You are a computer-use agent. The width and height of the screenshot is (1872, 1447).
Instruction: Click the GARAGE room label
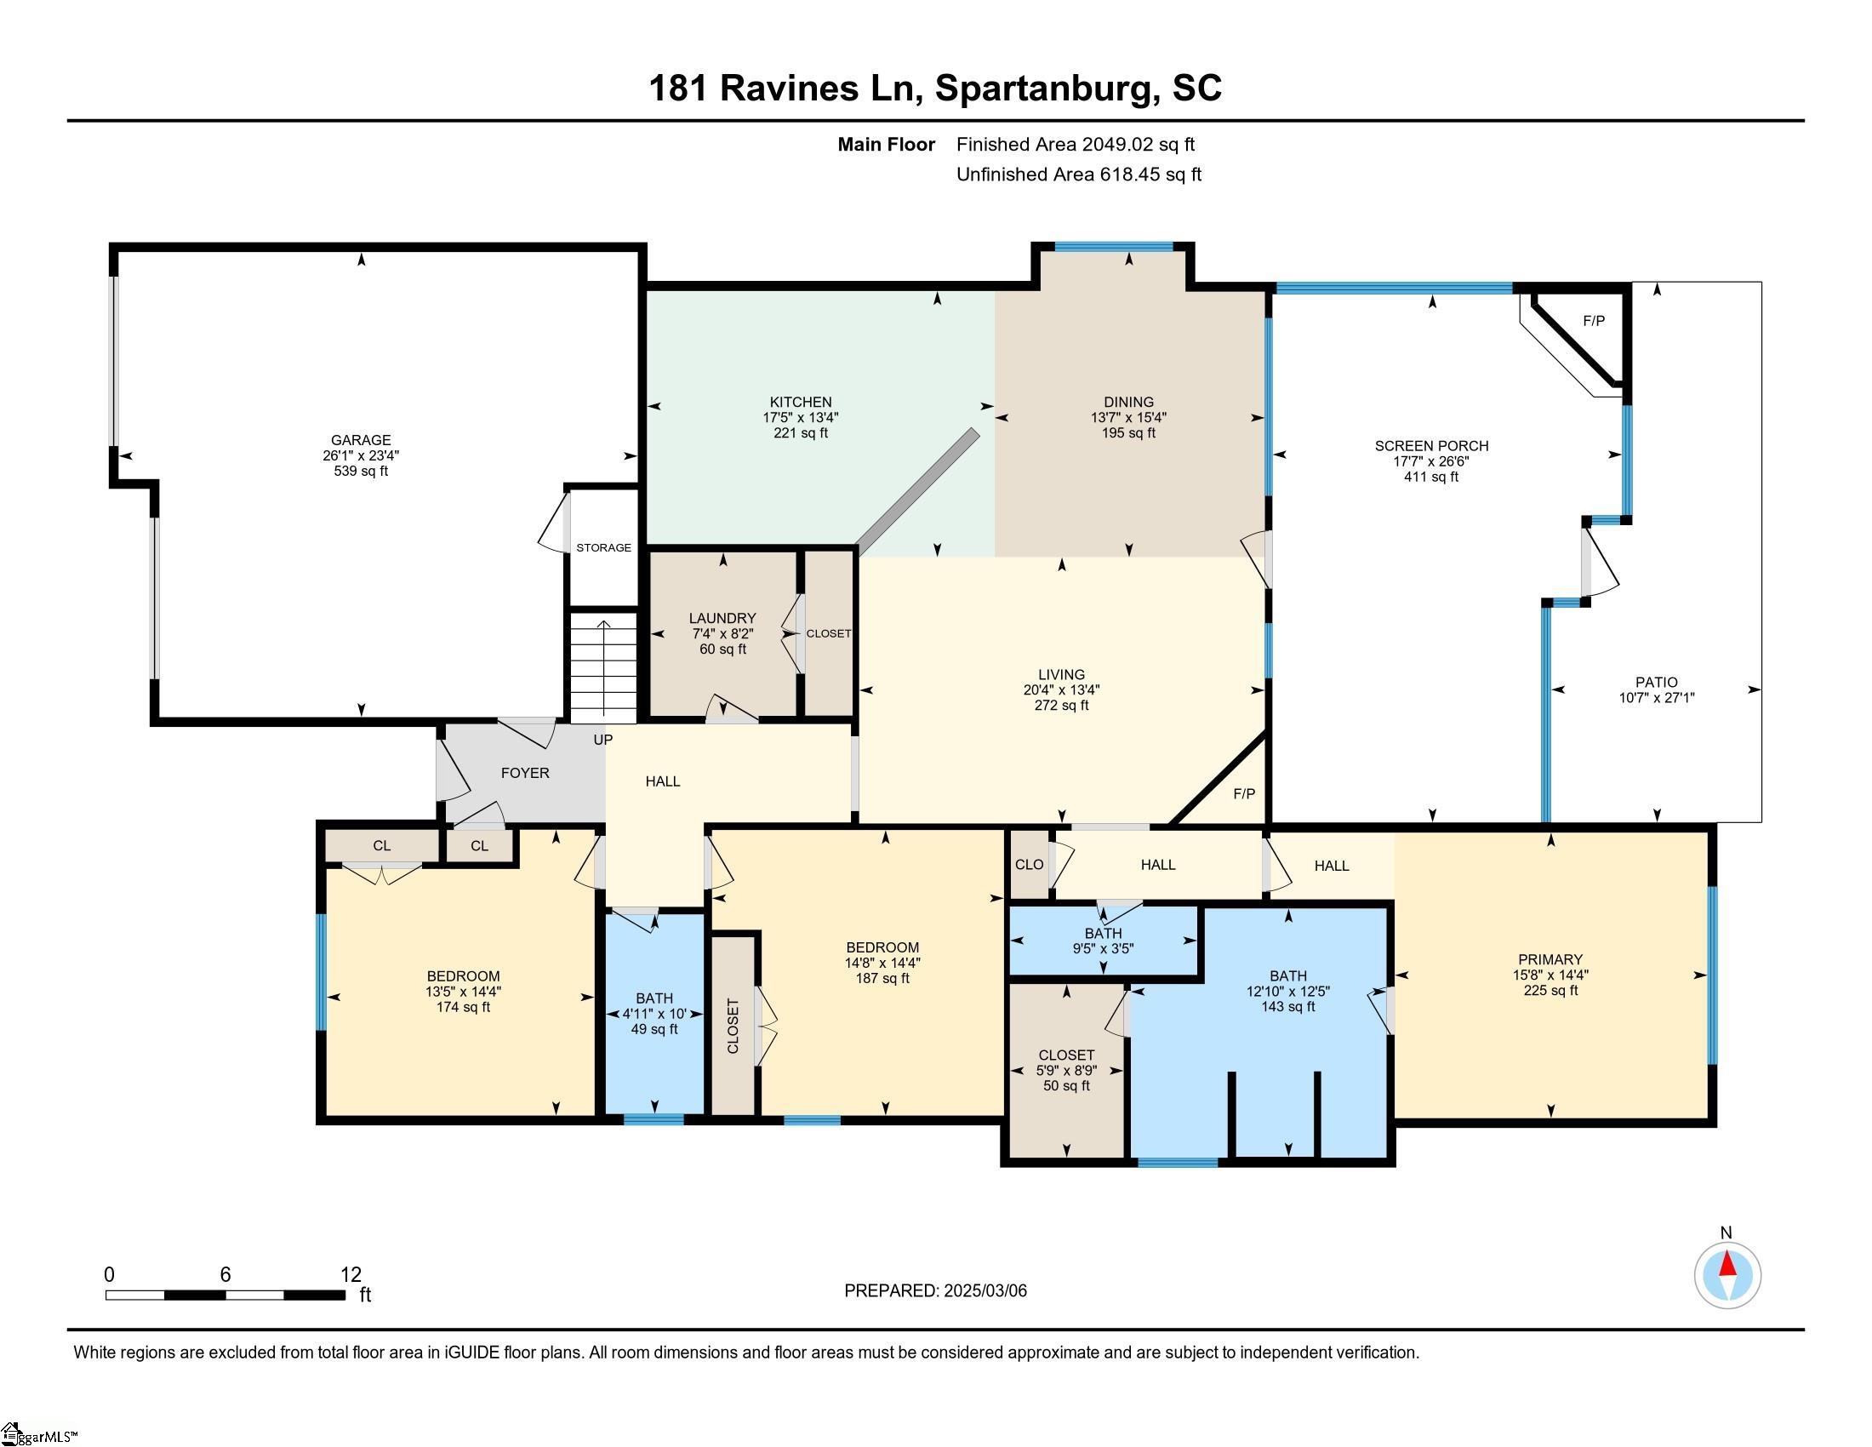pos(361,440)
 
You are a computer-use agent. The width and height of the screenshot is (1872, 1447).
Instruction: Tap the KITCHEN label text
pos(801,402)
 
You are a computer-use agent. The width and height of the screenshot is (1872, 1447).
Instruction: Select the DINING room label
pos(1129,402)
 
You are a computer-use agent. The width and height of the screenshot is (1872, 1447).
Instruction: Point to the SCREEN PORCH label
pos(1431,446)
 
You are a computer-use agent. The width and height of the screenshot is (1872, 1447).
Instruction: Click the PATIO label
pos(1656,683)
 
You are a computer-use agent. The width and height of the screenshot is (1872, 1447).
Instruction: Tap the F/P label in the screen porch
pos(1594,322)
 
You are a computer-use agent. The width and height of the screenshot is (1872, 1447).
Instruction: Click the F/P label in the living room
pos(1244,794)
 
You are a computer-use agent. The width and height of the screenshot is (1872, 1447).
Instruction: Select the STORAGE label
pos(603,548)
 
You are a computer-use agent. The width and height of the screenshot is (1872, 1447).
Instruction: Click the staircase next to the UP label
pos(604,667)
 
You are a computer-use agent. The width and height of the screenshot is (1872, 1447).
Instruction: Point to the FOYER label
pos(525,773)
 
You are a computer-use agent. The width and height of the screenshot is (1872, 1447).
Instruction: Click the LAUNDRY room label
pos(722,618)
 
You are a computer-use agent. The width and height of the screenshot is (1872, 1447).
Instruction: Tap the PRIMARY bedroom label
pos(1550,959)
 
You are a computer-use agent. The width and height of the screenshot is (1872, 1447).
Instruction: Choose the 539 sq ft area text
pos(361,471)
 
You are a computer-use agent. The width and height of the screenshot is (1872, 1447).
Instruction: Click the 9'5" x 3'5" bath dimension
pos(1103,949)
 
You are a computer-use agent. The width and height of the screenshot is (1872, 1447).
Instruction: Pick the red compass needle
pos(1727,1265)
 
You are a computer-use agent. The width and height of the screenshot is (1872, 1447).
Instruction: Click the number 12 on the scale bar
pos(351,1275)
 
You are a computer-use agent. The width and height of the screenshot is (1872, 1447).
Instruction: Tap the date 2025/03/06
pos(985,1291)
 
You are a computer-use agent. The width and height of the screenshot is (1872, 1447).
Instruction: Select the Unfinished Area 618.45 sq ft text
pos(1078,174)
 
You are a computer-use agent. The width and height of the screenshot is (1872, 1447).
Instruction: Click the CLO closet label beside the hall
pos(1029,865)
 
